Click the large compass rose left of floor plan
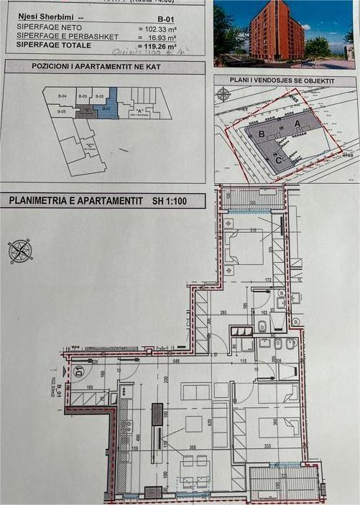[20, 251]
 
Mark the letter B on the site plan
[263, 133]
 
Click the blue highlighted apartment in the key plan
[105, 106]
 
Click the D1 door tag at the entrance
[78, 371]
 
